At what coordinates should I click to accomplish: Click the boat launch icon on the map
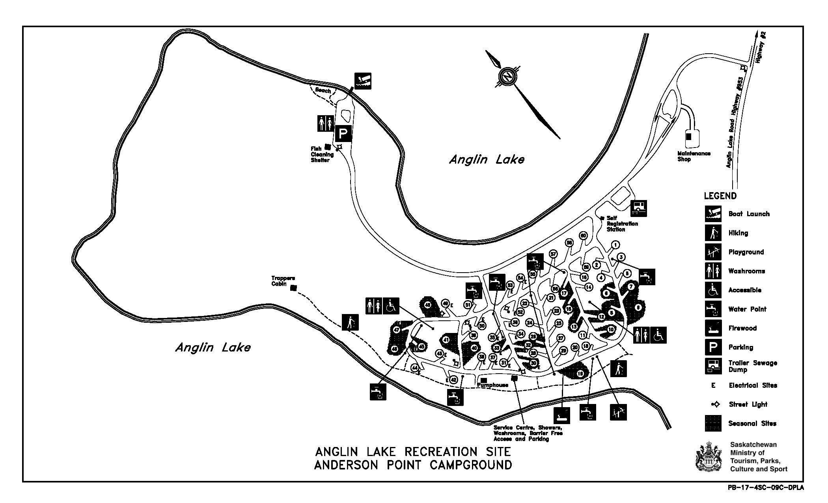(363, 81)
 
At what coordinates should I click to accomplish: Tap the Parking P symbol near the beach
(343, 133)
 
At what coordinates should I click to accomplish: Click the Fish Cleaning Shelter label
(322, 154)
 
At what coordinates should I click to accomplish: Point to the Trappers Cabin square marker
(293, 288)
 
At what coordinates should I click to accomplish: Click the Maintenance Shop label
(694, 156)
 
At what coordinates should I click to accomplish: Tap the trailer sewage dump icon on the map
(639, 208)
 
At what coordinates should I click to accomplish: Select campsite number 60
(583, 236)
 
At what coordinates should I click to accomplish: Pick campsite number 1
(615, 245)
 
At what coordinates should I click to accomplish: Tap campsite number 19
(580, 373)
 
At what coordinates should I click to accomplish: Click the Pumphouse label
(492, 385)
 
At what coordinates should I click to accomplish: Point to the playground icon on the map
(618, 412)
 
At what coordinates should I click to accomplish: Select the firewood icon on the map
(561, 415)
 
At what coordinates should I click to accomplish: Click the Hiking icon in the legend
(713, 233)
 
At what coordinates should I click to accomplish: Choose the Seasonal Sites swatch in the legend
(713, 423)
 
